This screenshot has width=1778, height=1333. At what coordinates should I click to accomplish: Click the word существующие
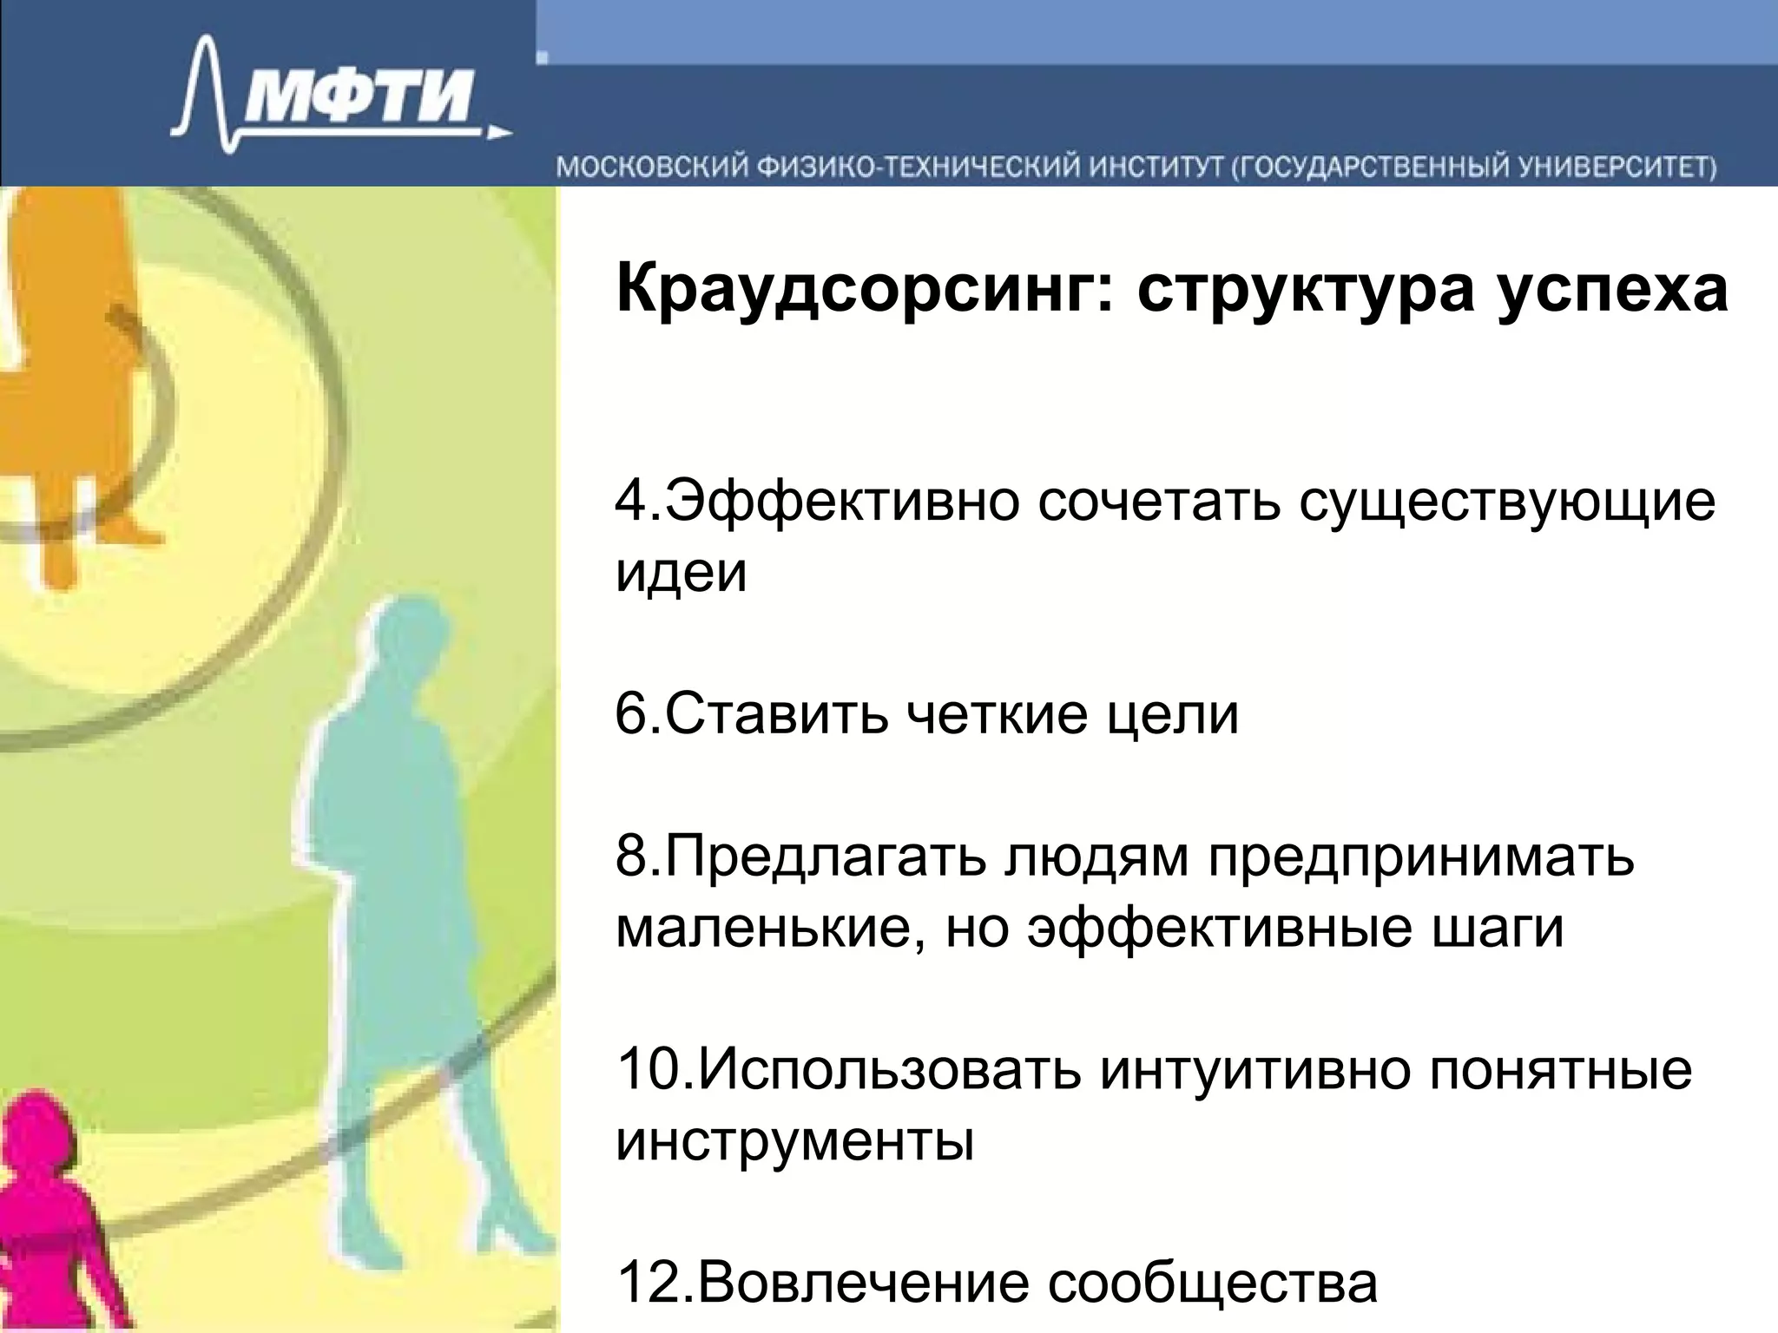pyautogui.click(x=1507, y=503)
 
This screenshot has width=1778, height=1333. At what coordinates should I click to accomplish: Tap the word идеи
pyautogui.click(x=681, y=572)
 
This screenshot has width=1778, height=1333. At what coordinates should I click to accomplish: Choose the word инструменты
pyautogui.click(x=794, y=1140)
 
